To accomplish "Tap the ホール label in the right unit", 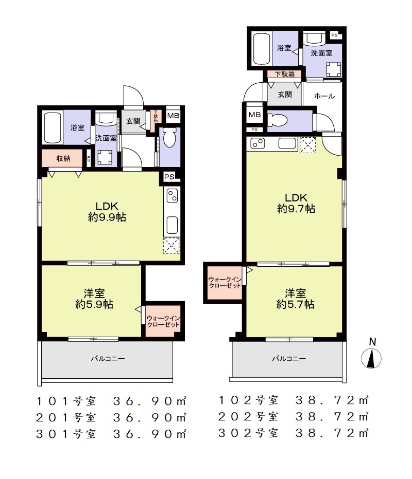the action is tap(324, 96).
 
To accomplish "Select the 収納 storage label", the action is tap(63, 158).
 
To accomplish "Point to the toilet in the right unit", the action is tap(277, 120).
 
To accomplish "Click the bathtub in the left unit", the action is tap(53, 128).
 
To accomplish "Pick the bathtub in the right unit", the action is tap(262, 49).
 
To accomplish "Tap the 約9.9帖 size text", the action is tap(107, 217).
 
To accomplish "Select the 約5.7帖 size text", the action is tap(295, 304).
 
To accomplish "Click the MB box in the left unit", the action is tap(173, 116).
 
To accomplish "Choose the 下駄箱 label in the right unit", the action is tap(284, 74).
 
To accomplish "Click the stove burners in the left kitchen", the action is tap(172, 196).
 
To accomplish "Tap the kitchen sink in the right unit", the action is tap(287, 143).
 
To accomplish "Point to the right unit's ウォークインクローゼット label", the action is tap(225, 283).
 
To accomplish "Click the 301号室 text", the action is tap(66, 434).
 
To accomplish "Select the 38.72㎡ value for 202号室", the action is tap(332, 417).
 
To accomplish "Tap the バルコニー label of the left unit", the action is tap(108, 358).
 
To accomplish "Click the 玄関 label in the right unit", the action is tap(285, 95).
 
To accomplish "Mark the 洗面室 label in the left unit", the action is tap(106, 138).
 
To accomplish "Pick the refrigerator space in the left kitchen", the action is tap(171, 245).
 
